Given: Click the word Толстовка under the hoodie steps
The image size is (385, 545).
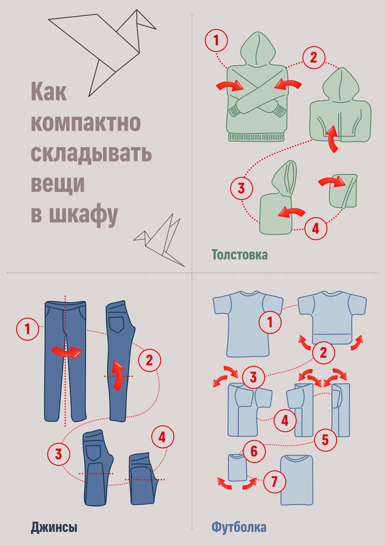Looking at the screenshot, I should click(x=239, y=255).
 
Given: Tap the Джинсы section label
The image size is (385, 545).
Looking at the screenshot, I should click(x=54, y=527).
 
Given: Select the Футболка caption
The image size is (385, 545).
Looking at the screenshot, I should click(x=239, y=527).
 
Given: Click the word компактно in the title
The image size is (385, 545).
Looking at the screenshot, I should click(x=85, y=123).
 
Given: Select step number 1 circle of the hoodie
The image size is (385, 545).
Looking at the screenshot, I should click(x=216, y=40).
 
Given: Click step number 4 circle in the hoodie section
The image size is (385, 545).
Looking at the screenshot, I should click(x=315, y=228).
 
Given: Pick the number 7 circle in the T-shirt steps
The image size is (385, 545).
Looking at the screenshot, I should click(x=275, y=481).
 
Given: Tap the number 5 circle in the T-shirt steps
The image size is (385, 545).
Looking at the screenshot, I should click(x=325, y=439).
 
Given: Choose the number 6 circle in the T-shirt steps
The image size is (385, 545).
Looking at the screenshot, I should click(x=254, y=451).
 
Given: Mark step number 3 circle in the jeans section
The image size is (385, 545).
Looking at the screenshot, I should click(x=59, y=454).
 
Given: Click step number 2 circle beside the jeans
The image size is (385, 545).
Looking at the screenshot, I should click(x=149, y=360).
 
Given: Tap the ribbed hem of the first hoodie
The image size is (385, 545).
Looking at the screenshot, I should click(x=256, y=137).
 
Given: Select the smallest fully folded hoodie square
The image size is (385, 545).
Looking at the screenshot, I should click(x=343, y=191).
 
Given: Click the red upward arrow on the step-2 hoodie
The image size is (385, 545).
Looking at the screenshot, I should click(x=333, y=139).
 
